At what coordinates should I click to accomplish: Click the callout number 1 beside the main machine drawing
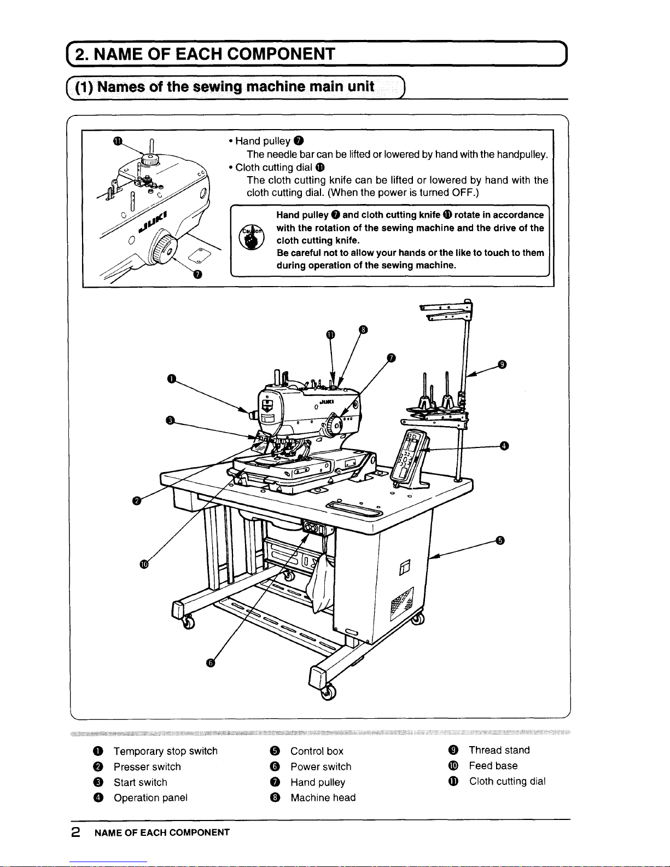point(172,378)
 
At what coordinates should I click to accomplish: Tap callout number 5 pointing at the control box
point(500,540)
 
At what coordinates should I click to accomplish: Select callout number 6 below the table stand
point(211,663)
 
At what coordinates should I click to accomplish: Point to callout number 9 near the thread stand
point(503,364)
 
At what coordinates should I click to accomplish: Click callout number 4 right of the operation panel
point(504,446)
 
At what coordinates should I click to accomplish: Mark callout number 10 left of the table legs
point(144,564)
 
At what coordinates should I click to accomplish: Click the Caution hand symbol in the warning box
point(251,237)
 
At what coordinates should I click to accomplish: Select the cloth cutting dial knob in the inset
point(150,160)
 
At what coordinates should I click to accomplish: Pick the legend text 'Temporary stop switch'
point(166,751)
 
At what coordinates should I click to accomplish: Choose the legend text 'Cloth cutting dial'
point(508,781)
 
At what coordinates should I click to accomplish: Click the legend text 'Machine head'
point(323,797)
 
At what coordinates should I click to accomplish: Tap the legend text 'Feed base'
point(493,765)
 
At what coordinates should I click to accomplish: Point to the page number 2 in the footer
point(75,832)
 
